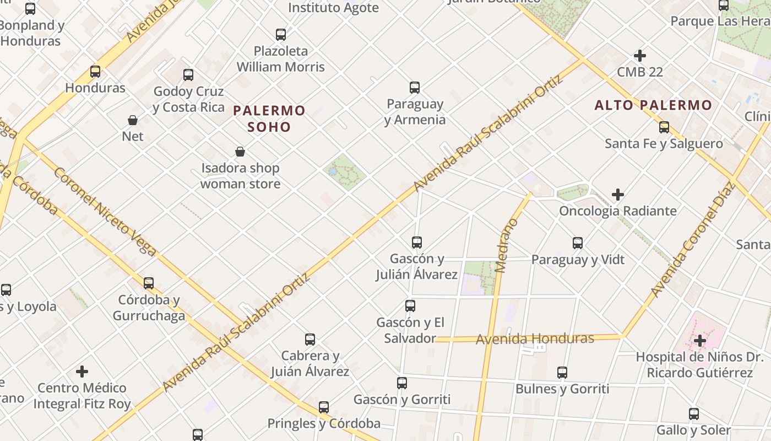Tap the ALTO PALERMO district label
point(653,105)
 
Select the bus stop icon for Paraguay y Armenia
point(415,88)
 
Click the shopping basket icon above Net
point(133,120)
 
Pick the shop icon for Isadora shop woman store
point(240,152)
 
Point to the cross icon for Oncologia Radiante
point(618,195)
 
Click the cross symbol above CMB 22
point(640,56)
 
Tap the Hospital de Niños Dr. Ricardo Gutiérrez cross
point(700,341)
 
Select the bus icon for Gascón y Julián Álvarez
point(417,243)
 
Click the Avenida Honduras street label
point(535,338)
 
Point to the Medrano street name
point(505,245)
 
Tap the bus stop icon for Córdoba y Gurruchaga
point(149,283)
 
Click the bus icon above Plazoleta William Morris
point(281,35)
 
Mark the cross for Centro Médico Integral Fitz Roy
point(82,372)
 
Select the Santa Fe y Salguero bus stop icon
point(664,127)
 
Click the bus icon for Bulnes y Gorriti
point(562,373)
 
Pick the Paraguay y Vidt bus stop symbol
point(578,243)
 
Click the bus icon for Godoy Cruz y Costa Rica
point(188,75)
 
